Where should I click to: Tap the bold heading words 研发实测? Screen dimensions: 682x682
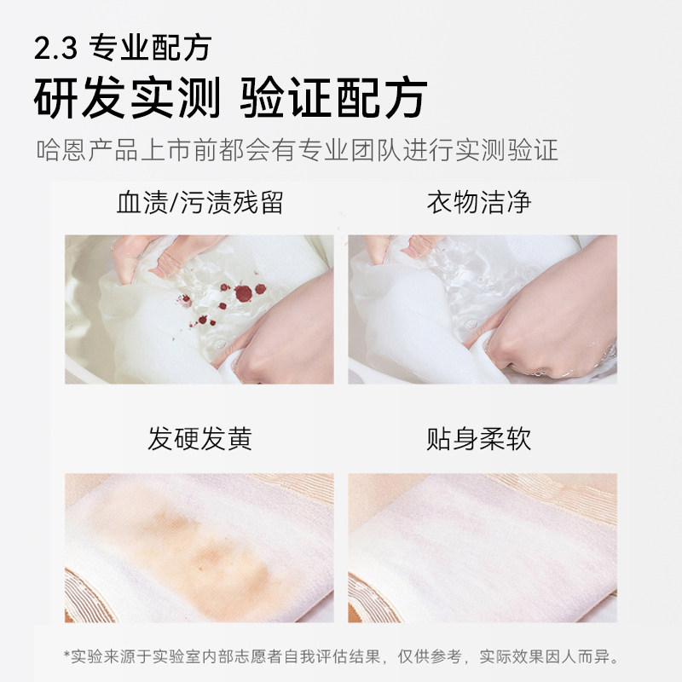point(124,99)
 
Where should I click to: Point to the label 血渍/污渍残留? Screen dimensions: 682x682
point(199,204)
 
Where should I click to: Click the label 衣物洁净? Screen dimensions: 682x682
point(479,204)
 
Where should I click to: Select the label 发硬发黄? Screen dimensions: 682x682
point(199,439)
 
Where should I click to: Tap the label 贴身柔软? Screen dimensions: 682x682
point(479,439)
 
